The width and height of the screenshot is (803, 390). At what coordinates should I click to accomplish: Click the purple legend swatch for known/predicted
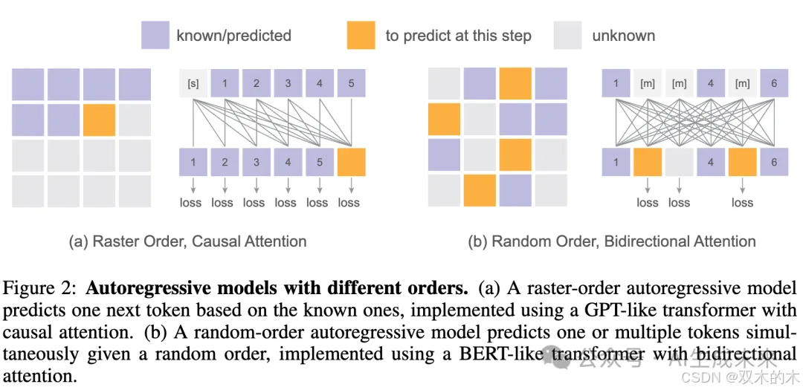tap(155, 35)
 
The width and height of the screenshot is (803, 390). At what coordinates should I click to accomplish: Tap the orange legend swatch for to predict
tap(361, 35)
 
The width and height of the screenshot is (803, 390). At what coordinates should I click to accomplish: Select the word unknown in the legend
tap(624, 35)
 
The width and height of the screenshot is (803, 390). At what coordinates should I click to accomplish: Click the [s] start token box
tap(193, 83)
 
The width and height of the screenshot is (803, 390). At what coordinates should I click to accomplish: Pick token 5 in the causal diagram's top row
tap(351, 83)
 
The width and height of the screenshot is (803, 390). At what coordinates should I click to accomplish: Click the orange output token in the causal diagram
tap(351, 162)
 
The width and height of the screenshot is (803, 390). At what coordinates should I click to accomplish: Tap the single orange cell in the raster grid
tap(99, 120)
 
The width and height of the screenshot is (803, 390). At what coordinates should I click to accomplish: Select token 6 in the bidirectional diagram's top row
tap(774, 83)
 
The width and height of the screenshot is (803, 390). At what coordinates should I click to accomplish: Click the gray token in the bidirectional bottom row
tap(679, 162)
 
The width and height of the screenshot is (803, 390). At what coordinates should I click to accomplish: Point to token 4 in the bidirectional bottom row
tap(711, 162)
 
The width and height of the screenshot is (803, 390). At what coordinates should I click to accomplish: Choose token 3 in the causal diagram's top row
tap(288, 83)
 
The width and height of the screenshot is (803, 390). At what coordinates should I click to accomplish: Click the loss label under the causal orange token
tap(349, 202)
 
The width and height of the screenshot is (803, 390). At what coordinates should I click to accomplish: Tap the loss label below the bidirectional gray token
tap(679, 202)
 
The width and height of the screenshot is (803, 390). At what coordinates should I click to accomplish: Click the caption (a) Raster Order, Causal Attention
tap(187, 241)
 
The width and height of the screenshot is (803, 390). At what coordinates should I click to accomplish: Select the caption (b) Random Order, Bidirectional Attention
tap(612, 241)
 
